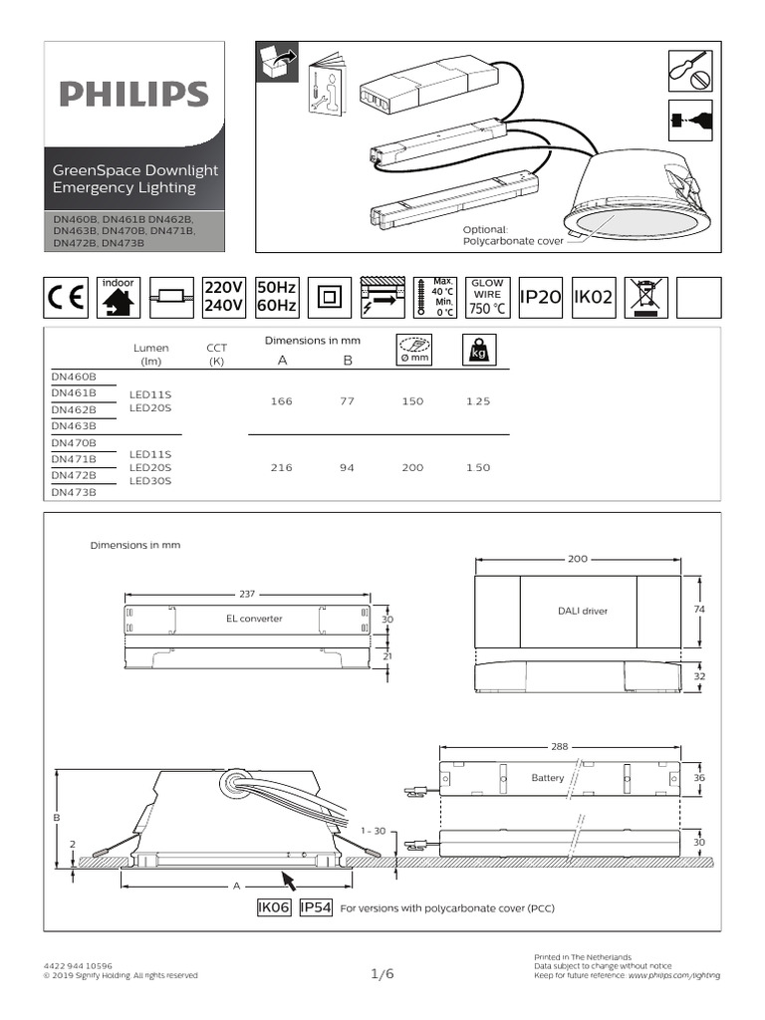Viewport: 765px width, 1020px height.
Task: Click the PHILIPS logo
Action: pos(133,95)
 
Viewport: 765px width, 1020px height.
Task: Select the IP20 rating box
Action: pos(541,297)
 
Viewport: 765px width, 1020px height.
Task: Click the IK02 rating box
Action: pos(594,297)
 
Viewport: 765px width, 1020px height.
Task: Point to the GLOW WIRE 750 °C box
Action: pos(487,297)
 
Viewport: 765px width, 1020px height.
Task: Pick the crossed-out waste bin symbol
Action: pos(646,297)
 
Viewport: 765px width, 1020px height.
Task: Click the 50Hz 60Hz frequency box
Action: pos(277,297)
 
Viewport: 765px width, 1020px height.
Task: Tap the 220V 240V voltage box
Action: pos(224,297)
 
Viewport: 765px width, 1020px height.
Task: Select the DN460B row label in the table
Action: pos(74,378)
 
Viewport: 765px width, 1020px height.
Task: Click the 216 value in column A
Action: pos(281,467)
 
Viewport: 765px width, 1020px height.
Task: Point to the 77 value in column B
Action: pos(347,401)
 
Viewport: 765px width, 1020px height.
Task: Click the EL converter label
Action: pos(255,619)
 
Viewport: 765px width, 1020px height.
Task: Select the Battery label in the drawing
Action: pos(548,778)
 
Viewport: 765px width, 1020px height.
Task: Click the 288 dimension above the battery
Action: pos(561,746)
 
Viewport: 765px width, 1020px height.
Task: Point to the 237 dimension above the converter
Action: pos(247,594)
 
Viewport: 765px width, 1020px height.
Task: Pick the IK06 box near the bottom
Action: pos(273,907)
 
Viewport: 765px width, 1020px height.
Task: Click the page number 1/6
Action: pos(382,974)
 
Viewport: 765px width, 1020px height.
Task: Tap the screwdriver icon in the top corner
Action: pos(689,68)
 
